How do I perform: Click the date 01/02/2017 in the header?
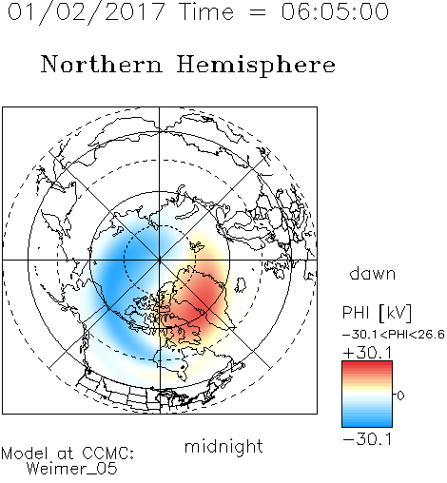(x=87, y=12)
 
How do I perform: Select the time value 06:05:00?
(x=335, y=11)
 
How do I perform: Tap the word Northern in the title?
(x=102, y=64)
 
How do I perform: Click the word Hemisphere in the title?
(x=256, y=66)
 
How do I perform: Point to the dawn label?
(x=373, y=273)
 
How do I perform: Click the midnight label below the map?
(x=223, y=447)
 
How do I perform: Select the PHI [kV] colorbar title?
(x=377, y=313)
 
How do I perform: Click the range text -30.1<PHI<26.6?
(x=394, y=335)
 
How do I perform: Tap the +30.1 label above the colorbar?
(x=367, y=353)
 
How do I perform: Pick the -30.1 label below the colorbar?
(x=367, y=439)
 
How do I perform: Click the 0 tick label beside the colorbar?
(x=400, y=396)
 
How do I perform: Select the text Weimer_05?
(x=72, y=469)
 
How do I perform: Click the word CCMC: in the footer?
(x=108, y=454)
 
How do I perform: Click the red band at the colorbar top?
(x=367, y=364)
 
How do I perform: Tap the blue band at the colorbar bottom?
(x=367, y=423)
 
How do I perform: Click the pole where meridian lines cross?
(x=160, y=260)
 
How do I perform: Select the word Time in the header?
(x=206, y=11)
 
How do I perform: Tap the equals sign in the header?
(x=258, y=12)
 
